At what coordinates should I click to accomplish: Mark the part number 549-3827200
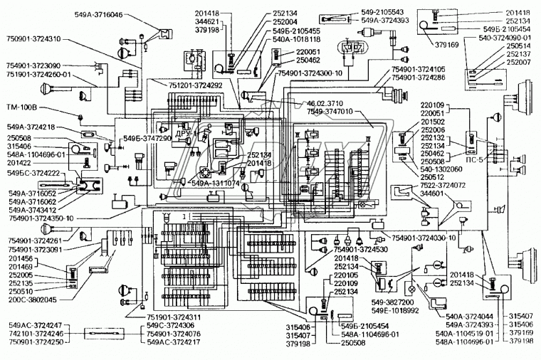391,301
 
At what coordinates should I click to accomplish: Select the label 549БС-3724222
33,174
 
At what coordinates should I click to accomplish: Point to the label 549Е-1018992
392,310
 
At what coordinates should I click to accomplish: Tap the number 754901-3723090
35,64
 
